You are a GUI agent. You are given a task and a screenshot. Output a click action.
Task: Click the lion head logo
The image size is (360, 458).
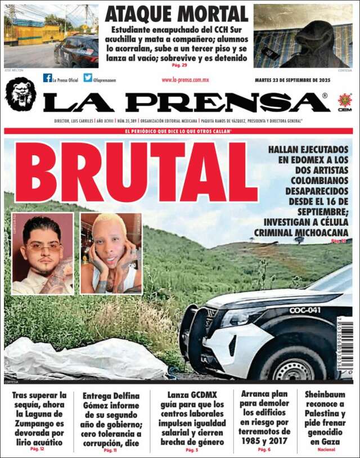pos(21,93)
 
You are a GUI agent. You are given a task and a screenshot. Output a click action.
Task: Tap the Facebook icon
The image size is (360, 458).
pos(48,78)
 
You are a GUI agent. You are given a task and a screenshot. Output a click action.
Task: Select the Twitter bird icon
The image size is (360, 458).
pos(88,78)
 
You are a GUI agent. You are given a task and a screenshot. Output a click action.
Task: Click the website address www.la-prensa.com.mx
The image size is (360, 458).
pos(185,80)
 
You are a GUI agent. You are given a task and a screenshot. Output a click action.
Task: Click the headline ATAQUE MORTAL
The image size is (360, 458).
pos(176,14)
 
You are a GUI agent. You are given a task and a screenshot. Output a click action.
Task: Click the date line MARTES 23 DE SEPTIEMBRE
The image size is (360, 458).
pos(292,80)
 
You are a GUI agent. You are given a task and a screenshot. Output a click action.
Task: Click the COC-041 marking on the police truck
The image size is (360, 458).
pos(304,310)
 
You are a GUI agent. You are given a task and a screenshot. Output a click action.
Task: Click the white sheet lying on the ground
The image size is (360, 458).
pos(84,358)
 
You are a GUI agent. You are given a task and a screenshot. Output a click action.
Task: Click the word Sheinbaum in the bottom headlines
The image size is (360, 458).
pos(325,394)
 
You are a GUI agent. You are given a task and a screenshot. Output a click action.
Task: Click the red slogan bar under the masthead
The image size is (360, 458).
pos(178,131)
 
